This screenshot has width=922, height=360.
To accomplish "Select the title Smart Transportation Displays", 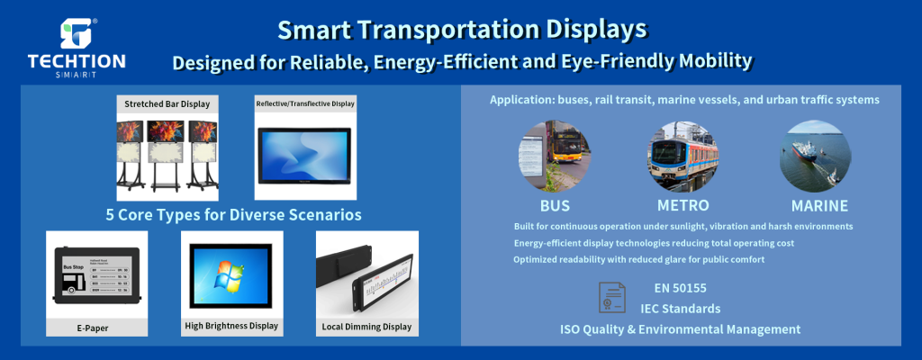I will point(461,29).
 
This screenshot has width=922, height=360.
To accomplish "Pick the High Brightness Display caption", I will point(231,326).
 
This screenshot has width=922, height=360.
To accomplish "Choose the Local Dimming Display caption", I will point(366,327).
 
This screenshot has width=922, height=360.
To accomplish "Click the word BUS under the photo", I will point(555,206).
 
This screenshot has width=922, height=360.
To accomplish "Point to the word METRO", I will point(682,206).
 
